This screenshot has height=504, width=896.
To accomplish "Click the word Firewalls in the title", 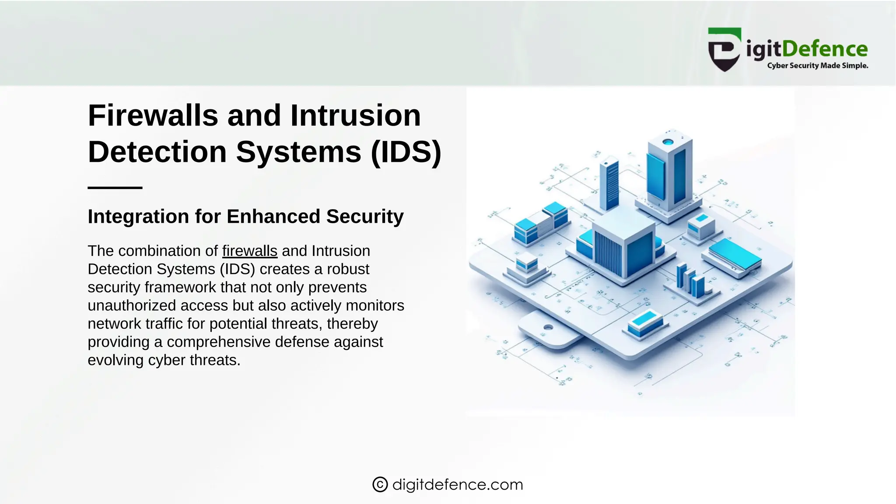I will (153, 116).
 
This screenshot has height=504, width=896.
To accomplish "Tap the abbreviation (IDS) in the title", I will (406, 152).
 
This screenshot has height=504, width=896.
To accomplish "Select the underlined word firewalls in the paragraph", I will (249, 251).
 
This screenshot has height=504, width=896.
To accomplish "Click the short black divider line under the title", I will (115, 188).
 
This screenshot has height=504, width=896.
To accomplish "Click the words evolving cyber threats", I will (164, 360).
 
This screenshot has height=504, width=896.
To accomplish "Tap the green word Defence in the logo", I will (825, 49).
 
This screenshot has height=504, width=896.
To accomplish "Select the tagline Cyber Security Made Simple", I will (817, 66).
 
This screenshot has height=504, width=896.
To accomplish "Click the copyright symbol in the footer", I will (380, 484).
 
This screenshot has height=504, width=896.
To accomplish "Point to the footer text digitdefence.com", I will (458, 484).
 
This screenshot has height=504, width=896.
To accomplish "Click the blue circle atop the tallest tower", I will (668, 142).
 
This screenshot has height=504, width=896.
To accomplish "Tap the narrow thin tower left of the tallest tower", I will (609, 184).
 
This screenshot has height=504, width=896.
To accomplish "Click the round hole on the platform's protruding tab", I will (548, 327).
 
